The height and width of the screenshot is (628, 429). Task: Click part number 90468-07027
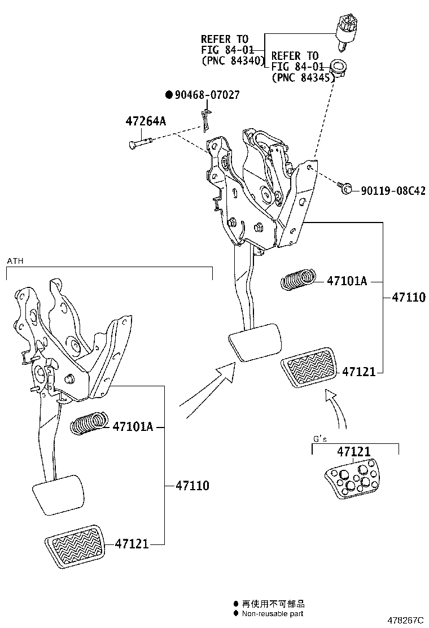tap(207, 95)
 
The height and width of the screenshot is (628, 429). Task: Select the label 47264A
tap(145, 121)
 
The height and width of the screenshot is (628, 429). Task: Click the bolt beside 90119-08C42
tap(345, 187)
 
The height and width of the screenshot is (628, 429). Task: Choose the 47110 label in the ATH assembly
tap(192, 485)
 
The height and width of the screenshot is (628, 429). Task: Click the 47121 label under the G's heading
tap(354, 451)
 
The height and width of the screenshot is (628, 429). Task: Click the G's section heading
tap(320, 438)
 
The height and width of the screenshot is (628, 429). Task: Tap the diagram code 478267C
tap(405, 620)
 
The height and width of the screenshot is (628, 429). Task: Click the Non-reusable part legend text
tap(272, 613)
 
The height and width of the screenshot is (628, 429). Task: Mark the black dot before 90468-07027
tap(168, 95)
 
